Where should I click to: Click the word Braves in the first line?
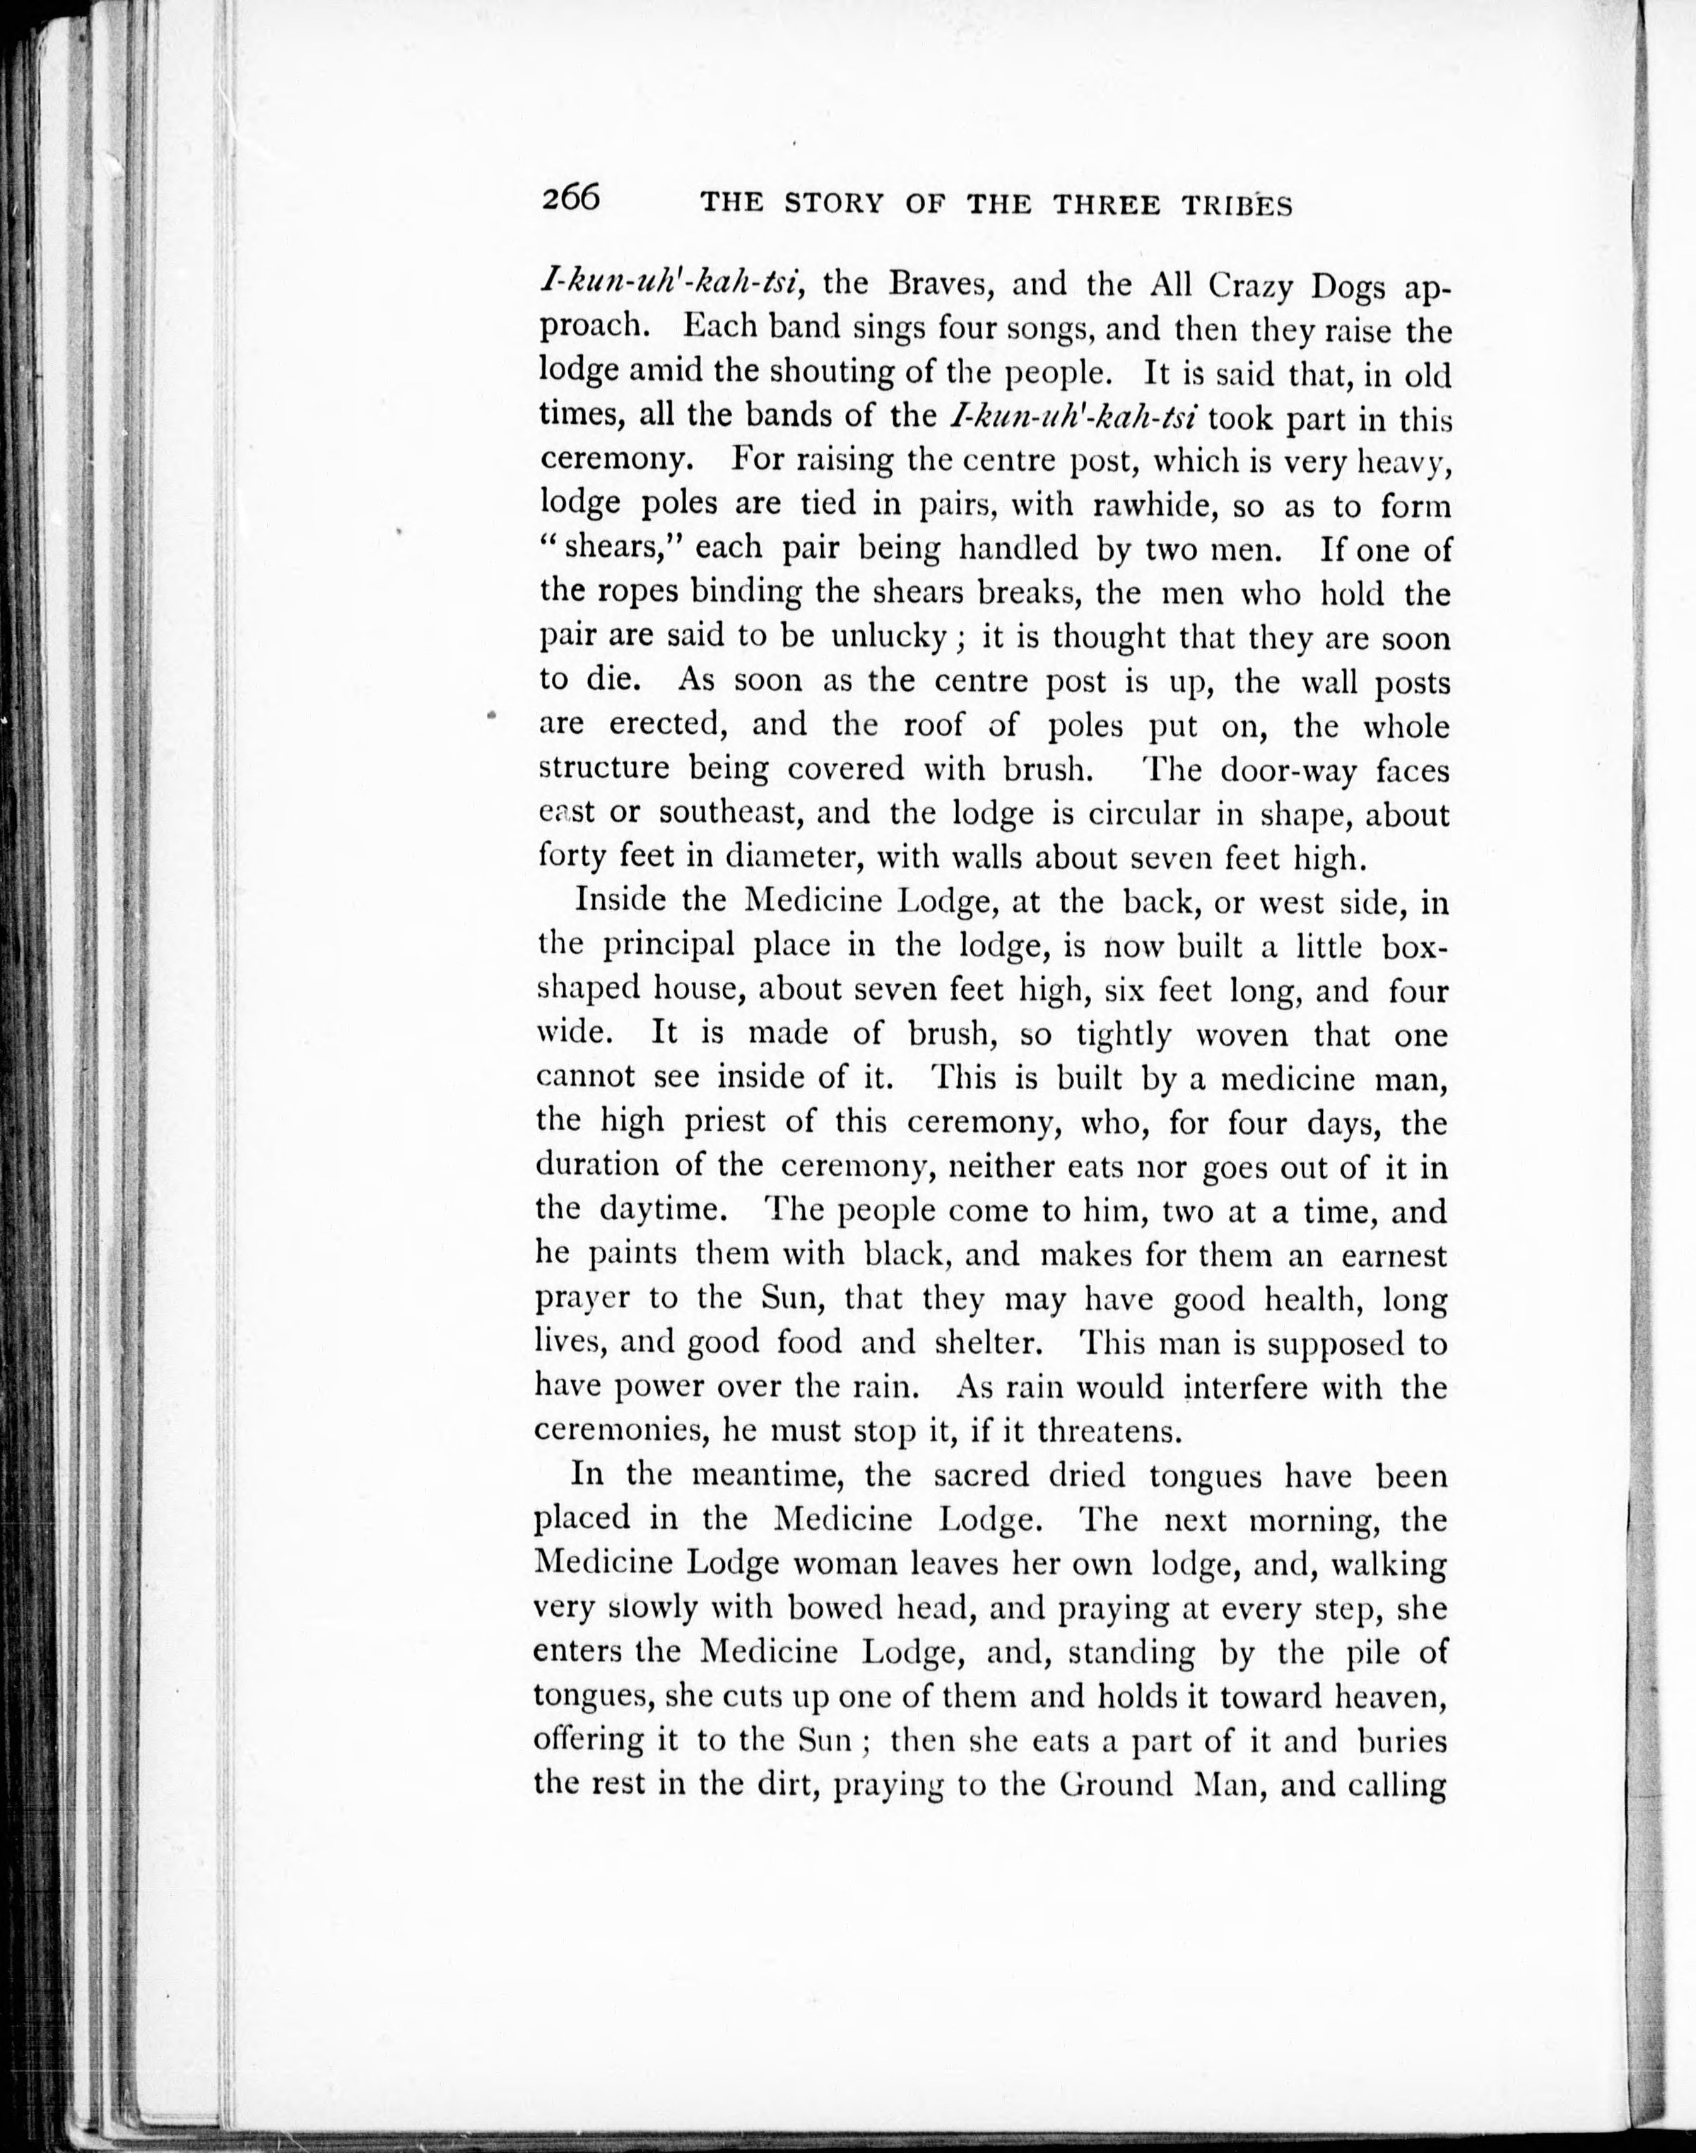pyautogui.click(x=937, y=284)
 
